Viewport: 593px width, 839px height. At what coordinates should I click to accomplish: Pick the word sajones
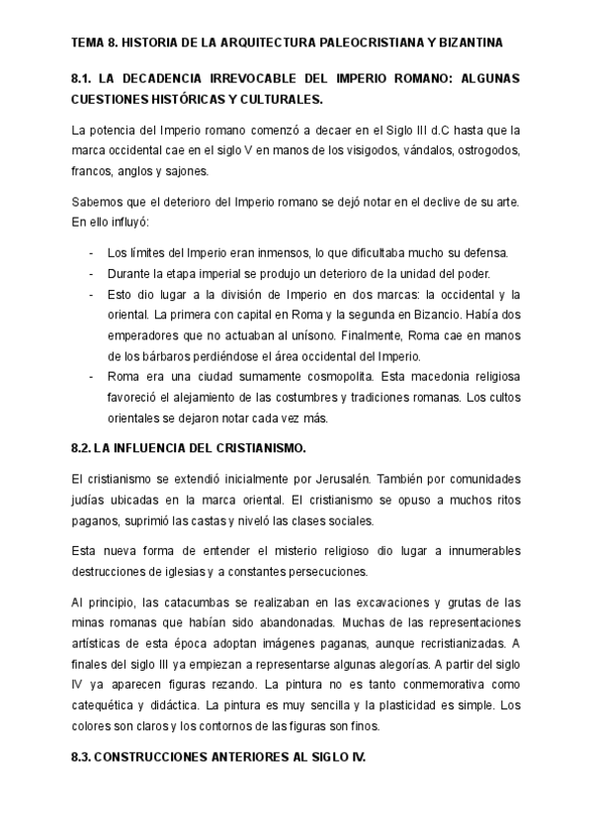pos(188,170)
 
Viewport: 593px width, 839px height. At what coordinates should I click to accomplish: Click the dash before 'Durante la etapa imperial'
pos(91,274)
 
